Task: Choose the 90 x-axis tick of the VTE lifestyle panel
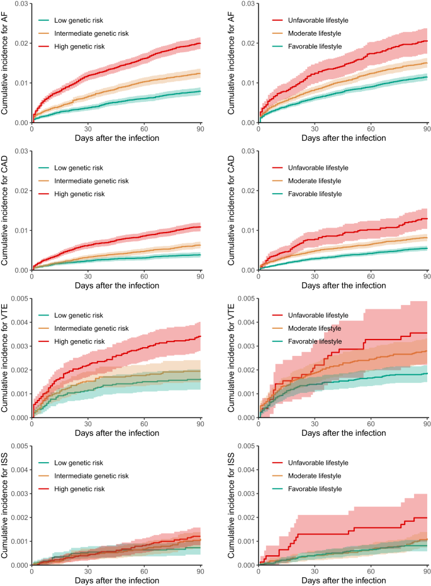427,423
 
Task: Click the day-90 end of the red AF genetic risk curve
200,43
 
